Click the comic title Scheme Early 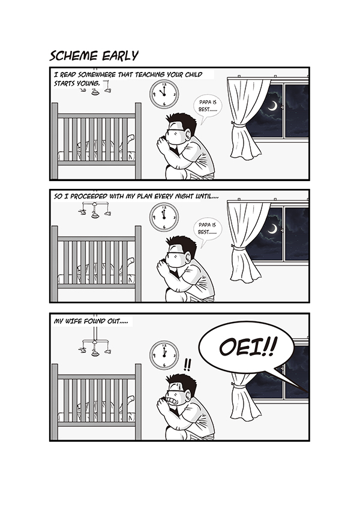(94, 56)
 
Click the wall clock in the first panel (164, 94)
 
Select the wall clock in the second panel (164, 217)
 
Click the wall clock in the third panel (164, 356)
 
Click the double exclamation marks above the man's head (187, 365)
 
